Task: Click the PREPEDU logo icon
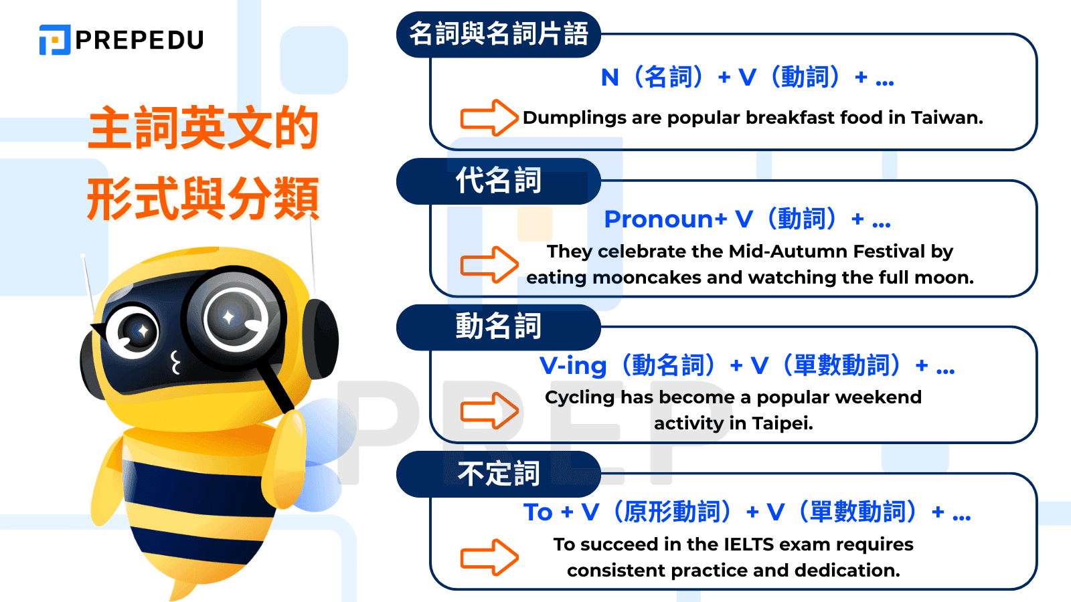(55, 39)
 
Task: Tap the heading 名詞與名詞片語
(499, 33)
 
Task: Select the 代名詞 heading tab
(499, 181)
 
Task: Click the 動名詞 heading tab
(499, 326)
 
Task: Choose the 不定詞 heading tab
(499, 474)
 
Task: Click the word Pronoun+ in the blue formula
(665, 219)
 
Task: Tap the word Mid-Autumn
(769, 252)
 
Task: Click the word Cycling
(580, 397)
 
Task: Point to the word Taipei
(782, 423)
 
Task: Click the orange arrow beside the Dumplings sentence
(489, 118)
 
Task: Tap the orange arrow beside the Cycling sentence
(489, 410)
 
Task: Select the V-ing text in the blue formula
(573, 366)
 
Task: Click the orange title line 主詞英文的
(203, 128)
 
